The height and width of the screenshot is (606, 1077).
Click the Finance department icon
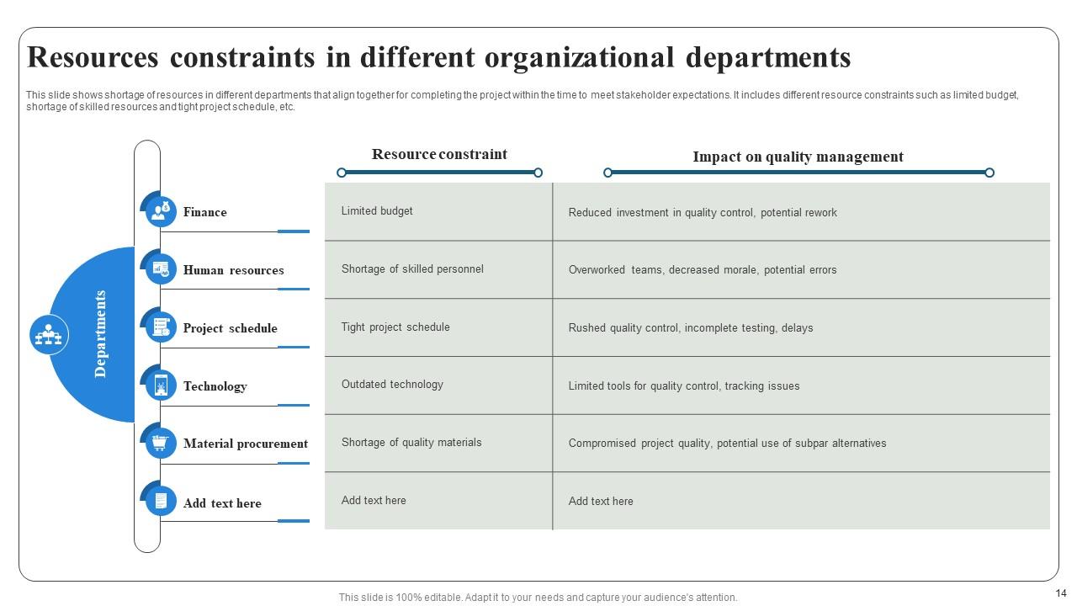click(161, 210)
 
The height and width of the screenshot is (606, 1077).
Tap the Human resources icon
click(161, 269)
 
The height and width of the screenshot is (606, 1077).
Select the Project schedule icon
click(161, 327)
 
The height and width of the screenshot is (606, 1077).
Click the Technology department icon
click(161, 385)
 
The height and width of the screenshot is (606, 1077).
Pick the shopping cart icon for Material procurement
click(161, 443)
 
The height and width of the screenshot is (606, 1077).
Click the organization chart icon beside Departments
click(49, 335)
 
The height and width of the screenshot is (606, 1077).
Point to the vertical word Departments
click(100, 334)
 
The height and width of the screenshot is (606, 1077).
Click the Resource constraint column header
click(439, 155)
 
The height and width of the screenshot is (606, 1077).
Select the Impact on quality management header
click(798, 157)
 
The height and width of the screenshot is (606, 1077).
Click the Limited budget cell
click(377, 211)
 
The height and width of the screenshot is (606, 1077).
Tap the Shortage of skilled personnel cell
click(412, 269)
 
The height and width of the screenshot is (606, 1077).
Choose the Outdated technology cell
click(392, 385)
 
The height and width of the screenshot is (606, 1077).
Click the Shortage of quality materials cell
click(411, 443)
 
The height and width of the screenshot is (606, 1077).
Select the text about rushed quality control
click(691, 328)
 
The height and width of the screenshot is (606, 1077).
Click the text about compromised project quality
click(727, 444)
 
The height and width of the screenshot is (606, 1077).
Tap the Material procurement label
click(246, 444)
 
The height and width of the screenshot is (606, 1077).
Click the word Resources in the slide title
click(93, 57)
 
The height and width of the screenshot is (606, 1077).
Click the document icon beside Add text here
click(161, 502)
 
